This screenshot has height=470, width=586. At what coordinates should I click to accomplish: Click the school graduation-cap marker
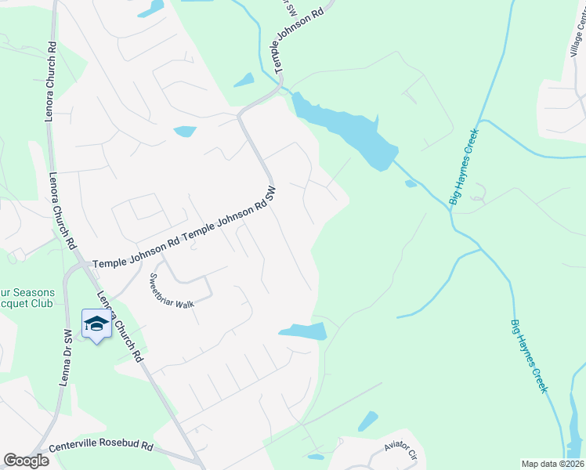(x=96, y=324)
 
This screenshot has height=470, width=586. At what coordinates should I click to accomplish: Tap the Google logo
(x=26, y=461)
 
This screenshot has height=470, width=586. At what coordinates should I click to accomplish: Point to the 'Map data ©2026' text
(x=552, y=464)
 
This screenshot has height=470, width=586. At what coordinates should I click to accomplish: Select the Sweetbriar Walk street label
(x=172, y=291)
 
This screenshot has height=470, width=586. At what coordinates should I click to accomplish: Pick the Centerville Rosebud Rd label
(x=100, y=445)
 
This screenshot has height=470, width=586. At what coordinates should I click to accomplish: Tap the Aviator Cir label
(x=403, y=450)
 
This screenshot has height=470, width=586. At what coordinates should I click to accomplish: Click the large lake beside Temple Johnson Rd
(x=345, y=125)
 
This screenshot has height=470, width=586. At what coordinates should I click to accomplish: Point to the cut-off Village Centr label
(x=577, y=39)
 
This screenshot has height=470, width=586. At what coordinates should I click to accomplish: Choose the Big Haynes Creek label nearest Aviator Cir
(x=529, y=356)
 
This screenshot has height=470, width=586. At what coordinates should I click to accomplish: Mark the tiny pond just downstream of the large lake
(x=411, y=184)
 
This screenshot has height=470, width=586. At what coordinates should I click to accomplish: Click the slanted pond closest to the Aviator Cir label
(x=367, y=421)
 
